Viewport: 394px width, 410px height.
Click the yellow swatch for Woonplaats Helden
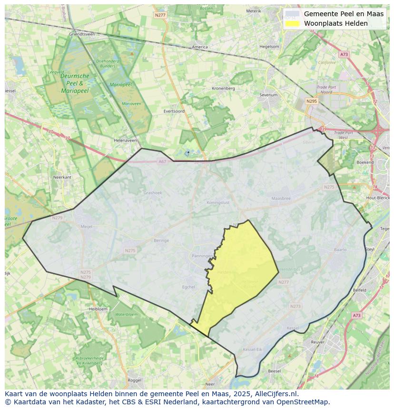[293, 23]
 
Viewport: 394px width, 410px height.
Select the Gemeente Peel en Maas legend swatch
[293, 14]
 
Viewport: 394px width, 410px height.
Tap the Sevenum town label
[268, 95]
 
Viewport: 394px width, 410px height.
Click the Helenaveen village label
[125, 140]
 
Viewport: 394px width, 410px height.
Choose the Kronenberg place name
[223, 88]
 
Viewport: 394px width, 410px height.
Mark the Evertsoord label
[174, 111]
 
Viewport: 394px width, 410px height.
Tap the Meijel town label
[87, 227]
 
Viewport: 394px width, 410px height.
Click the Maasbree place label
[281, 198]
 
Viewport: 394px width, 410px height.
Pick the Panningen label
[202, 256]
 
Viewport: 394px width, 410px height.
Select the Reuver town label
[317, 342]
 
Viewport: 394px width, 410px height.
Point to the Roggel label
[135, 380]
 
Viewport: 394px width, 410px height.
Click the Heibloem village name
[98, 309]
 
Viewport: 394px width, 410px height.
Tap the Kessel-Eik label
[253, 350]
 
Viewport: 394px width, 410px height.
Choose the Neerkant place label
[62, 177]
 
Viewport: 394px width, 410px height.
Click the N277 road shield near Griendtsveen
[160, 15]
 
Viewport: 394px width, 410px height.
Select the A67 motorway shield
[162, 161]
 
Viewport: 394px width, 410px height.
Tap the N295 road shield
[312, 101]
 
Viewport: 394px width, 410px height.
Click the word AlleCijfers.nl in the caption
[275, 394]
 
